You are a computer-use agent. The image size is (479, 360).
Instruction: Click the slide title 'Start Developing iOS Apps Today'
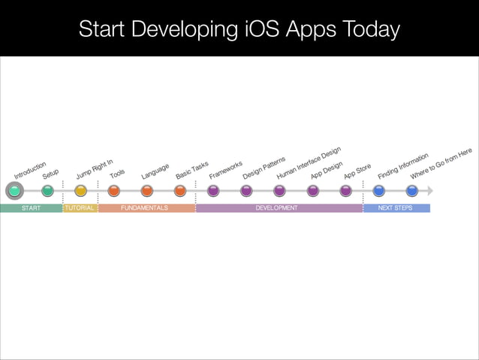pyautogui.click(x=239, y=29)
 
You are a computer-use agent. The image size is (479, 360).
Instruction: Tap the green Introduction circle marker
pyautogui.click(x=14, y=191)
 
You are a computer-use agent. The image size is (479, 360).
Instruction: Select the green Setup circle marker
pyautogui.click(x=47, y=191)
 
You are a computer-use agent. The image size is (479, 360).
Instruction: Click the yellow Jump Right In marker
pyautogui.click(x=80, y=191)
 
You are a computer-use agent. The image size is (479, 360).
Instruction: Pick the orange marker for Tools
pyautogui.click(x=113, y=191)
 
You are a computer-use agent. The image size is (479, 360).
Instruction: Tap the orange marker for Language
pyautogui.click(x=147, y=191)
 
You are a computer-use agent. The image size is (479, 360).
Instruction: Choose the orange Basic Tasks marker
pyautogui.click(x=180, y=191)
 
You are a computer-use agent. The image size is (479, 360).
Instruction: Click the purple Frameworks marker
pyautogui.click(x=213, y=191)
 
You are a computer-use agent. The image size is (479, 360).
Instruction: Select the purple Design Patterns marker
pyautogui.click(x=246, y=191)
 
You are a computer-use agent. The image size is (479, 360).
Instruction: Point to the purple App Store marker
pyautogui.click(x=345, y=191)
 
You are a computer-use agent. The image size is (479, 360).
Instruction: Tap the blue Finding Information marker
pyautogui.click(x=379, y=191)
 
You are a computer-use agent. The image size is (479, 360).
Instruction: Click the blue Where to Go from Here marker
pyautogui.click(x=412, y=191)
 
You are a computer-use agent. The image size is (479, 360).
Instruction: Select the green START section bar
pyautogui.click(x=31, y=208)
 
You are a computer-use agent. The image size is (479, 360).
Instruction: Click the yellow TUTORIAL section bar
pyautogui.click(x=80, y=208)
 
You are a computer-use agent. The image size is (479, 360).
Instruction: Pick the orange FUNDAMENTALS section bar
pyautogui.click(x=146, y=208)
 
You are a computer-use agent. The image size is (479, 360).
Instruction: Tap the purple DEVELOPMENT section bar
pyautogui.click(x=279, y=208)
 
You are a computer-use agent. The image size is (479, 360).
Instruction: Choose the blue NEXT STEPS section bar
pyautogui.click(x=396, y=208)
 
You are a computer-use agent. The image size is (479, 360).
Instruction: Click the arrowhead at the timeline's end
pyautogui.click(x=430, y=191)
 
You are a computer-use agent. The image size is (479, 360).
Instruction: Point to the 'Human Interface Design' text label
pyautogui.click(x=308, y=163)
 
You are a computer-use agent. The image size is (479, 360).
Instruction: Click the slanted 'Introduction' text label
pyautogui.click(x=30, y=170)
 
